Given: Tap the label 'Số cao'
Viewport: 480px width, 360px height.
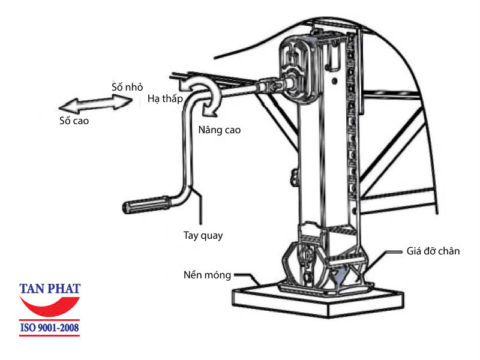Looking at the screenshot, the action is (74, 121).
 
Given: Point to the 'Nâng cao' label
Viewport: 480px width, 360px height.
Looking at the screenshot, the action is (219, 130).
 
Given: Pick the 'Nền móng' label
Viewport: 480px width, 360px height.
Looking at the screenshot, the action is (207, 275).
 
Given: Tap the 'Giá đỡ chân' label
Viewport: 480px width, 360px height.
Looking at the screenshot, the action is (432, 251).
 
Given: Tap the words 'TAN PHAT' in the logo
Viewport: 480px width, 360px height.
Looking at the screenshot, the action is (49, 288).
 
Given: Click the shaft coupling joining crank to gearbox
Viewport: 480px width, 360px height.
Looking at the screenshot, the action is (273, 87).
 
